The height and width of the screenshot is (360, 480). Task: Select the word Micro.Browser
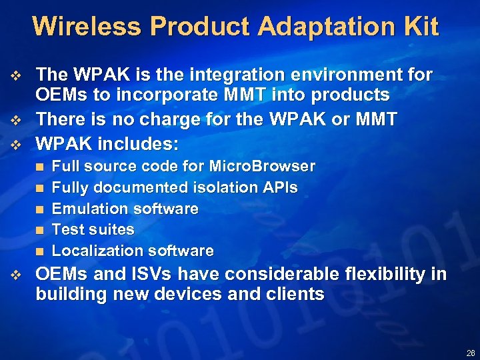point(262,166)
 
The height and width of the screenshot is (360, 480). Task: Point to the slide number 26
point(471,353)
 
